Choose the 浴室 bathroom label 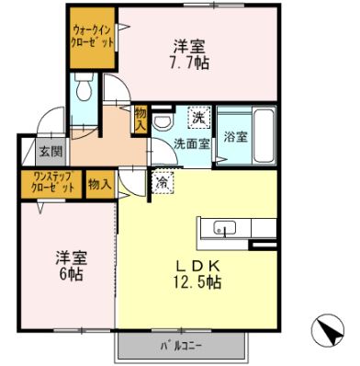(x=235, y=138)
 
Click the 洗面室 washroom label (x=193, y=143)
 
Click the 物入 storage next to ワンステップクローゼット (x=99, y=183)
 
